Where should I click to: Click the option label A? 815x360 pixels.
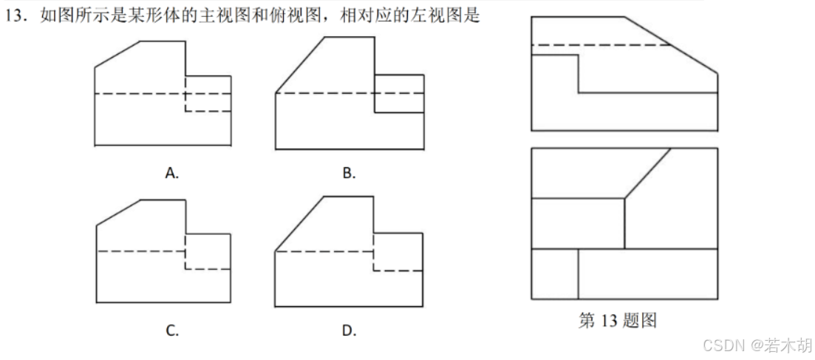(x=172, y=174)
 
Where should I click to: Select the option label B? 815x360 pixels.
(x=349, y=174)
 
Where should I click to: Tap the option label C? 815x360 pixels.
(x=172, y=330)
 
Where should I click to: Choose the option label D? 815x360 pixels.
(x=349, y=330)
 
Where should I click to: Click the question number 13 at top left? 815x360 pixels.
(x=17, y=16)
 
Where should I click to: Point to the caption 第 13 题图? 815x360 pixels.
(x=618, y=320)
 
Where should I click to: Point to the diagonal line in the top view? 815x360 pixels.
(x=648, y=173)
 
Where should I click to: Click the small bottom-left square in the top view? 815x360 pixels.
(x=554, y=274)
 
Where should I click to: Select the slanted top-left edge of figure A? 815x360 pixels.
(x=117, y=54)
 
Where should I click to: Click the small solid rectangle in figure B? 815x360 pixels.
(x=399, y=93)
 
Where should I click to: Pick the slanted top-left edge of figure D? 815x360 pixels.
(x=299, y=225)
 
